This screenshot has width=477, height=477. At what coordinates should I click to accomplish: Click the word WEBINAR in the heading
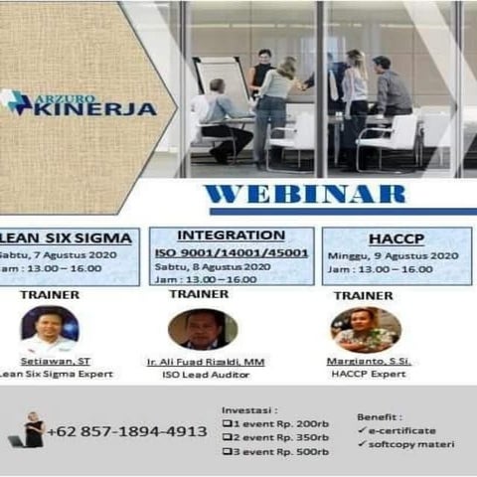point(305,194)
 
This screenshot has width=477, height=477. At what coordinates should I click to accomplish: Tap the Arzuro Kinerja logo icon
point(15,102)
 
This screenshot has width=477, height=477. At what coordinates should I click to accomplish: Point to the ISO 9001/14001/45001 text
point(230,251)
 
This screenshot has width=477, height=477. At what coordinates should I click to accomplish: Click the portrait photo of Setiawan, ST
point(50,328)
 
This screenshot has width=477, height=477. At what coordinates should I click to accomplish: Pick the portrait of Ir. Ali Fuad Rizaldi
point(203,330)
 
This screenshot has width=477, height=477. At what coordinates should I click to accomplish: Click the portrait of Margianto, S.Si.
point(366,329)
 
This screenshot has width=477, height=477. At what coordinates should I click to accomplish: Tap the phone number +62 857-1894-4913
point(126,431)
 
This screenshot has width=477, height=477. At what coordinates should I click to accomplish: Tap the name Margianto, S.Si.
point(365,361)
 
